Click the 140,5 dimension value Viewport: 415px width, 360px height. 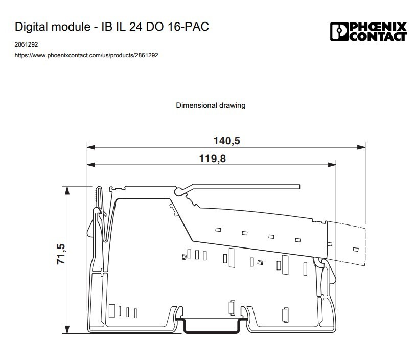[x=226, y=141]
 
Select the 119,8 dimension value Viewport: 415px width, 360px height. [x=212, y=159]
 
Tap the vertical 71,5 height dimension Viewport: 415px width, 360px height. [x=61, y=254]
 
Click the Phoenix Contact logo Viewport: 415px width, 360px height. [x=368, y=32]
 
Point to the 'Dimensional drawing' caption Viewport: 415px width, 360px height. [x=211, y=105]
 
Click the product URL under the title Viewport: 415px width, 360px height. [x=86, y=55]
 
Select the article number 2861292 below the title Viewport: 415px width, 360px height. [x=26, y=44]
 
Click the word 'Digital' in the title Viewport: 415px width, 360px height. [x=30, y=27]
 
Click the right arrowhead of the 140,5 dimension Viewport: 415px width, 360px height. [x=361, y=147]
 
